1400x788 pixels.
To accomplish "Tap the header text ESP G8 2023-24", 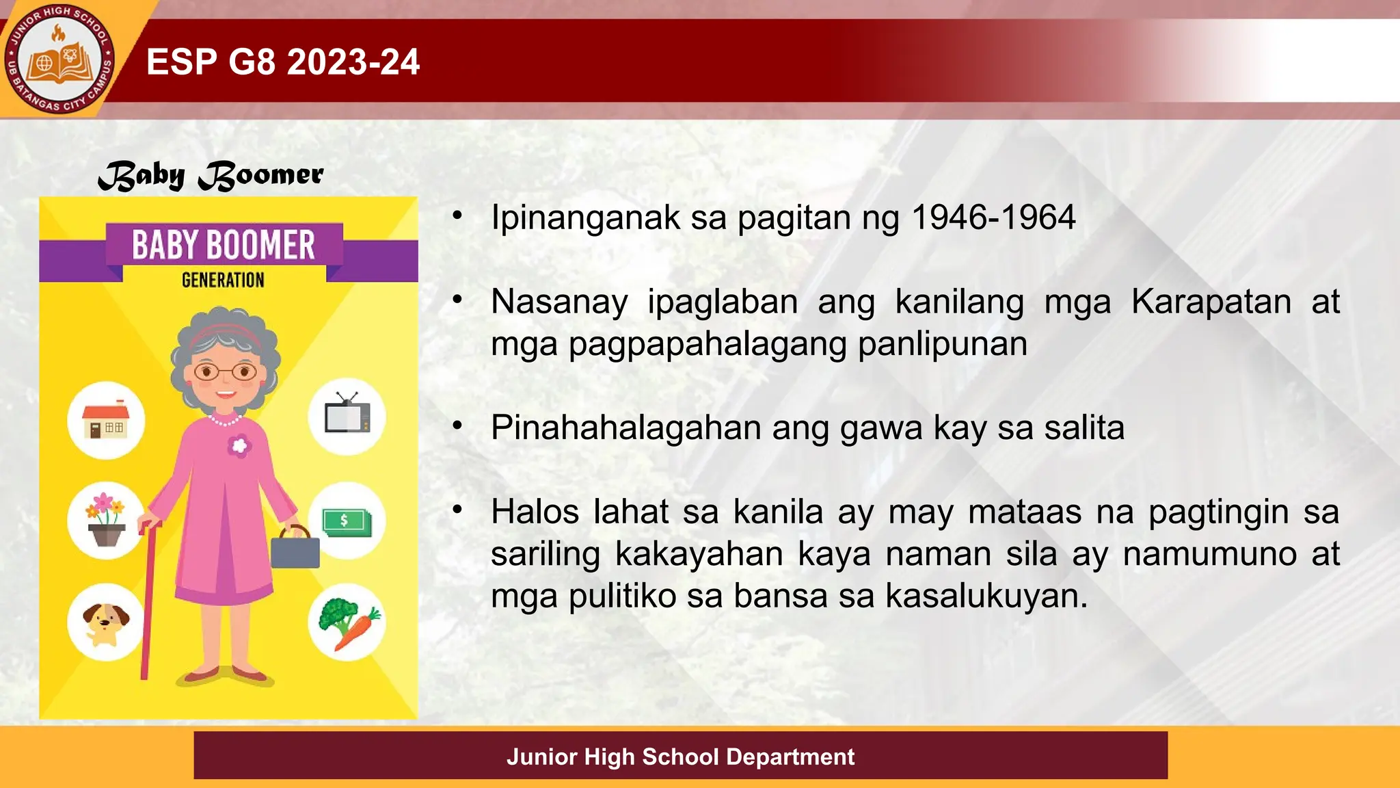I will coord(283,62).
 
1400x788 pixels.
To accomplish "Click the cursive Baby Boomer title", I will coord(211,176).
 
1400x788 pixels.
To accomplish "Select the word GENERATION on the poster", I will coord(223,280).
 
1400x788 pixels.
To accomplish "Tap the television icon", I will coord(347,415).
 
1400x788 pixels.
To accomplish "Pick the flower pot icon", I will coord(105,520).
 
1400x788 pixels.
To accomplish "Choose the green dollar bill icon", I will coord(347,522).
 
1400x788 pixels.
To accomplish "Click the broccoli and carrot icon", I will coord(347,622).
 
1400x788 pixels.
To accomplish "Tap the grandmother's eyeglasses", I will coord(225,372).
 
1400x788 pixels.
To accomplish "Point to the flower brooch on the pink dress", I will coord(239,446).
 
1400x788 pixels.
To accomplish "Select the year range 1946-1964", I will coord(993,218).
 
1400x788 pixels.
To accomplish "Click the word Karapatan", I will coord(1211,302).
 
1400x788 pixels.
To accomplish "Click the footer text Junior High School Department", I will coord(680,757).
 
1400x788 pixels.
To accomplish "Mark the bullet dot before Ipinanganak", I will coord(457,216).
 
